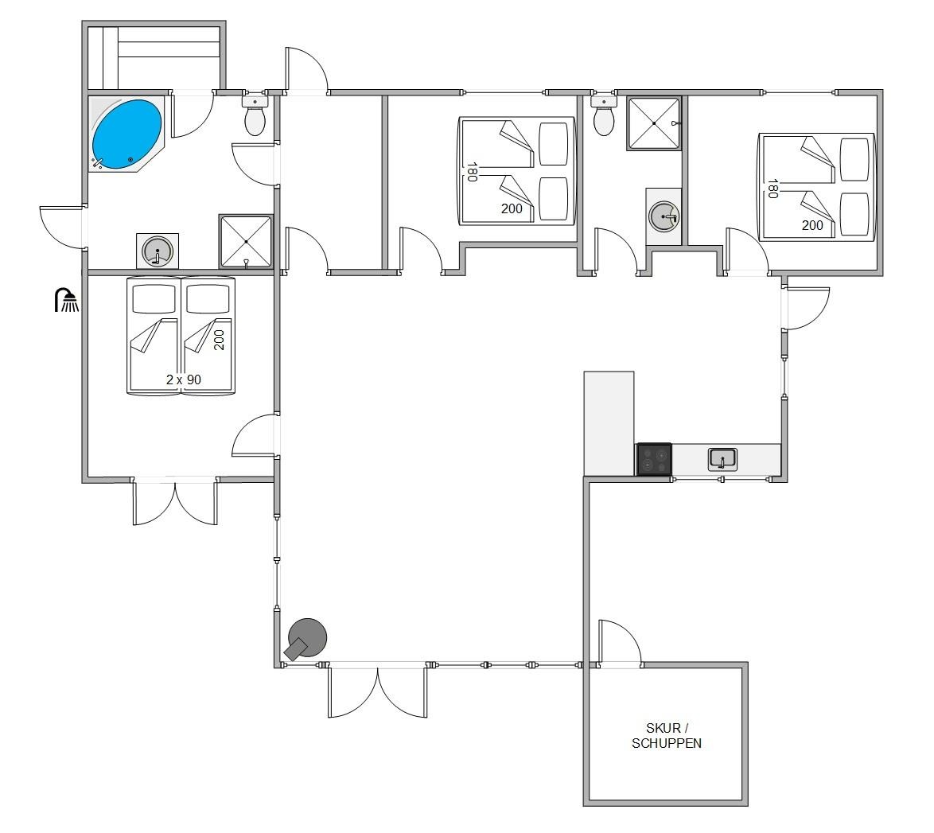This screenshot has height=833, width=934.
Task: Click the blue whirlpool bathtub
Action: click(x=126, y=134)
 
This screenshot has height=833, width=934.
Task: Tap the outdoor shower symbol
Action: click(x=66, y=300)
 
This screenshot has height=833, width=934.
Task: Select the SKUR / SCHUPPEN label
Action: click(x=667, y=735)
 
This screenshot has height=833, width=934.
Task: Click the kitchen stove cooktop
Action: click(x=654, y=459)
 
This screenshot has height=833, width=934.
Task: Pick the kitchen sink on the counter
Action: click(x=722, y=459)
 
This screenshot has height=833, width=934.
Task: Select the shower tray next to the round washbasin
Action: click(x=246, y=241)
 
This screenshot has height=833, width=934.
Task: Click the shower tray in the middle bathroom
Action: click(x=654, y=123)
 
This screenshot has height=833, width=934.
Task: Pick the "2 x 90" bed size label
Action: click(x=184, y=380)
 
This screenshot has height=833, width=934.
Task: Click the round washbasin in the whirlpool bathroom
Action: click(x=158, y=251)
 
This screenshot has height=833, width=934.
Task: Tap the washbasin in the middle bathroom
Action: click(x=664, y=217)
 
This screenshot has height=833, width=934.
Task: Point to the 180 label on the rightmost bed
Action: click(x=772, y=189)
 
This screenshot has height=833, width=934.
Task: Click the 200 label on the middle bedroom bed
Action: click(x=512, y=208)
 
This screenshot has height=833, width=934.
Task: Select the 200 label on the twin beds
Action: click(x=220, y=340)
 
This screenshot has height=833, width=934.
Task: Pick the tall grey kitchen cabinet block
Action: click(x=609, y=423)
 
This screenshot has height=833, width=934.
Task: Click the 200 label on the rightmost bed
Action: click(x=812, y=225)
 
